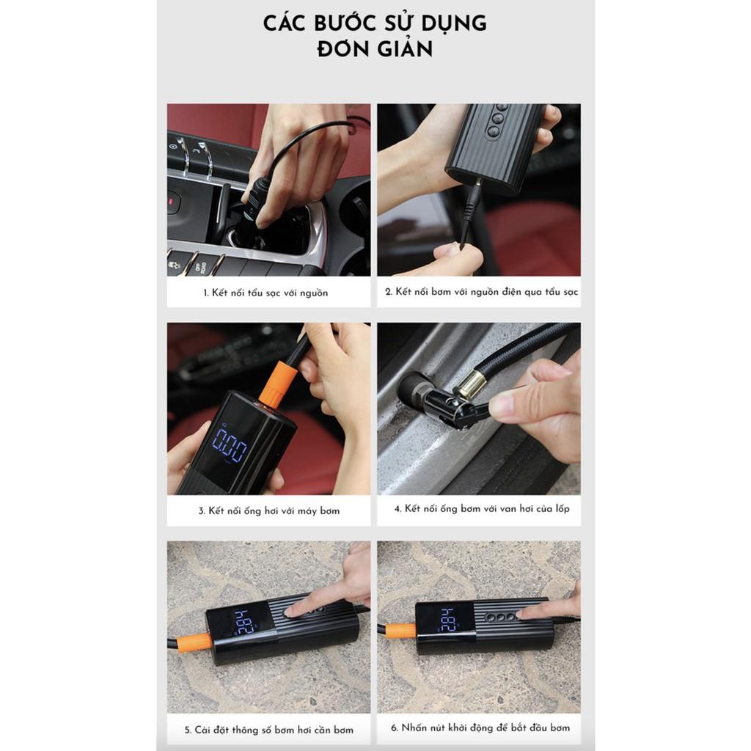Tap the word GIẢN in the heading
point(401,48)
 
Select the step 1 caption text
point(265,293)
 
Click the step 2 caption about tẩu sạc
point(481,292)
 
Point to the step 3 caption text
point(268,511)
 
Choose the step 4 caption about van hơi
point(482,509)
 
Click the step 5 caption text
point(268,730)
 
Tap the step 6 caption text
point(480,728)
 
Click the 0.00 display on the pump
point(230,445)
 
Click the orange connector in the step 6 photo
point(401,631)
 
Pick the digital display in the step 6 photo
point(448,619)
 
